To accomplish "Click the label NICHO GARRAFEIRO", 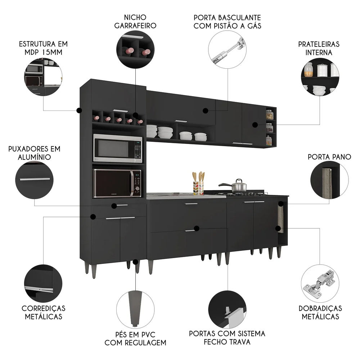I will pos(135,21).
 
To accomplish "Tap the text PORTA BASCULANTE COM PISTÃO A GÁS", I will pos(227,21).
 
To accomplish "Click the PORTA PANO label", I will pos(329,157).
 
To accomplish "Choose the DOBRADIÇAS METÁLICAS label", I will pos(320,312).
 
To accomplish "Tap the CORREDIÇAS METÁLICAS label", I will pos(44,312).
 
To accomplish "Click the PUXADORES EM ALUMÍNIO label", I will pos(35,153).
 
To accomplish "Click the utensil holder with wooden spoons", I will pos(198,185).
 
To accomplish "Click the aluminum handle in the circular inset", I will pos(35,179).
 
